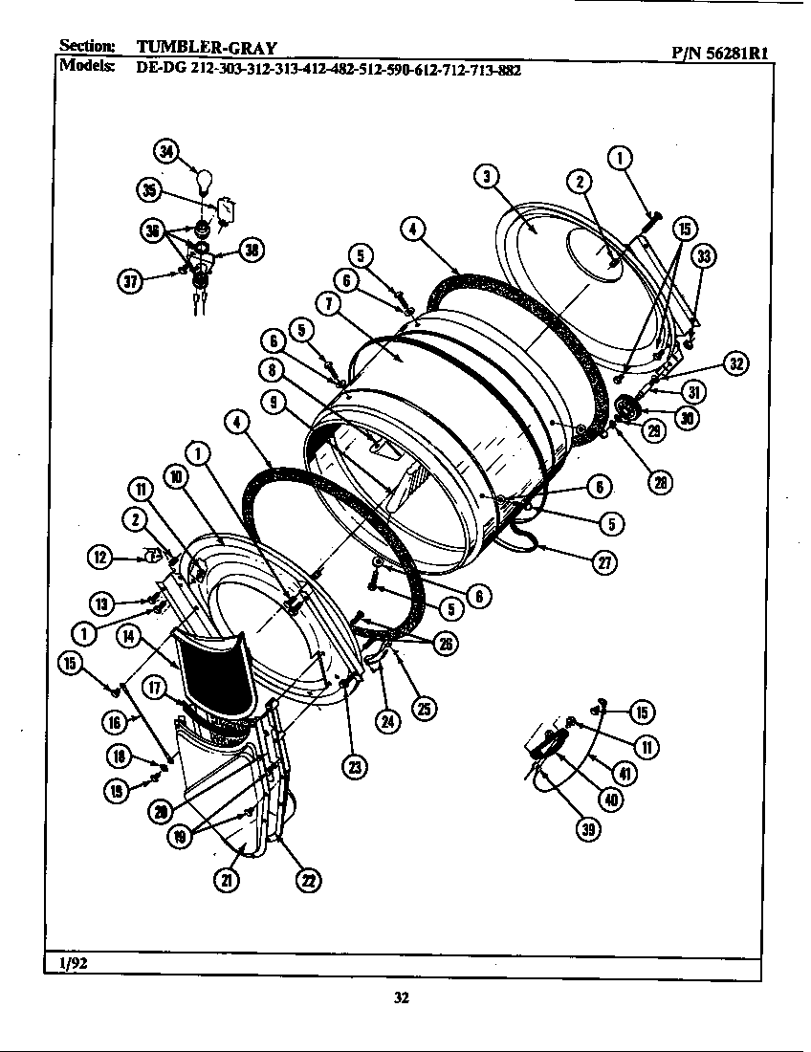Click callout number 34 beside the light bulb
point(167,152)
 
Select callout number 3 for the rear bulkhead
point(487,176)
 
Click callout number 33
point(705,256)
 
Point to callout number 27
point(603,562)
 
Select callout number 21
point(226,881)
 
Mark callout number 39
point(587,830)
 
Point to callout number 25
point(422,708)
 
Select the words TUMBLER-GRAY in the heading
point(208,47)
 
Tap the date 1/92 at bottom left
point(74,963)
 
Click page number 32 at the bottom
point(402,998)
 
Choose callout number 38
point(252,251)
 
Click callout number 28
point(658,483)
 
